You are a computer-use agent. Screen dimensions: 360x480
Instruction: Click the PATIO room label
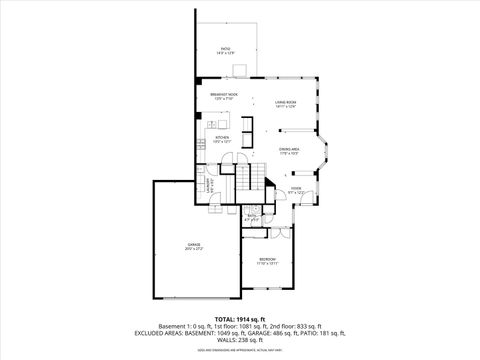point(226,48)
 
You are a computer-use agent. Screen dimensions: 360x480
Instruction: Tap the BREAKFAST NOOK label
point(223,96)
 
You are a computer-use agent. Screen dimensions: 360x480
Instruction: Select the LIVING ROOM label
point(286,101)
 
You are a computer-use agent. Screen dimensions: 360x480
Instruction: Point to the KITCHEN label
point(223,137)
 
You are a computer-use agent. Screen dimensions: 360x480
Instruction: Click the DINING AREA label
point(290,148)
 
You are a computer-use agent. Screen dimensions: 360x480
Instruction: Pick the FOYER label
point(296,187)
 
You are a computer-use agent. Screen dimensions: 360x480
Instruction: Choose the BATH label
point(252,215)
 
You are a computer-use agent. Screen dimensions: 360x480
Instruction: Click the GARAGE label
point(194,244)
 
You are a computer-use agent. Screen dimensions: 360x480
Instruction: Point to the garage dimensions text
point(194,249)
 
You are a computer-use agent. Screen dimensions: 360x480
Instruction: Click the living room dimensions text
point(286,106)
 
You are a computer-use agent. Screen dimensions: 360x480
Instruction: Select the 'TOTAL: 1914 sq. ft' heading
point(240,318)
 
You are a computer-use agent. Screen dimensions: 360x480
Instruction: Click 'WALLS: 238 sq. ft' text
point(240,341)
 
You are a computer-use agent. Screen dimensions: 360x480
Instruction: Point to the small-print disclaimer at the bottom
point(240,351)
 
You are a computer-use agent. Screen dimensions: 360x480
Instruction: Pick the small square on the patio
point(237,70)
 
